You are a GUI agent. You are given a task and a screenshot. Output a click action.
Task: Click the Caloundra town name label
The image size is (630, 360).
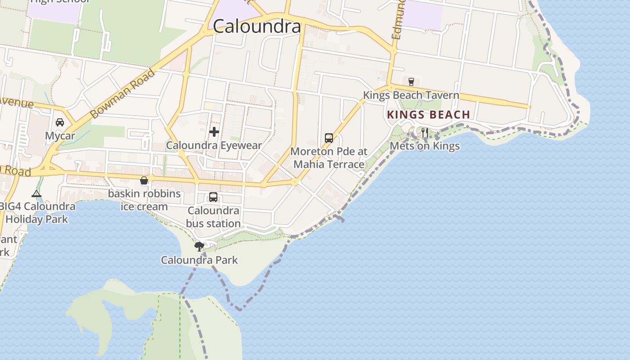257,26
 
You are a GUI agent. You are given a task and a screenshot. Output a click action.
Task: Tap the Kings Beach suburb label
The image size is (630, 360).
428,115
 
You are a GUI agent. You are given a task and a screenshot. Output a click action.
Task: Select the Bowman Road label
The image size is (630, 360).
123,94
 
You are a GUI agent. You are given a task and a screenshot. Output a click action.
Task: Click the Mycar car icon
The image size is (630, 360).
60,122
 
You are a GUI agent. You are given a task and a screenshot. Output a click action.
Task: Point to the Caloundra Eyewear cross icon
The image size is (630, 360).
214,132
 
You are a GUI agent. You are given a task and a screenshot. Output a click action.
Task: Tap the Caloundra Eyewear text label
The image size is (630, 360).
214,145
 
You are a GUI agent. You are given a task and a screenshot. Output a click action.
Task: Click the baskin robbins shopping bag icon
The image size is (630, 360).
144,181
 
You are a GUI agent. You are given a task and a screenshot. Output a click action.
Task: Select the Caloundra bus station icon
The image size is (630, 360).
213,197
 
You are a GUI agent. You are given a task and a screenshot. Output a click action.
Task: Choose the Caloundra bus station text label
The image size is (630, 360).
213,217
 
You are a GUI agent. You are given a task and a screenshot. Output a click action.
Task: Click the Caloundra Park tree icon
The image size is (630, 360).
199,246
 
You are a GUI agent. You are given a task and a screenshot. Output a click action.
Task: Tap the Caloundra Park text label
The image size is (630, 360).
199,260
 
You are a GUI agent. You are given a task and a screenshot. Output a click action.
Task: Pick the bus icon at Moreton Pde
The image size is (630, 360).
329,138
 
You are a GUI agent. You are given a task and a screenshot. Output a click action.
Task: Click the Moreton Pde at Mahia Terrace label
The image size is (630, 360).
329,157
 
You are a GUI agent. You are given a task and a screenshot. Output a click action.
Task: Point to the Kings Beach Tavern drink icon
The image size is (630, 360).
411,82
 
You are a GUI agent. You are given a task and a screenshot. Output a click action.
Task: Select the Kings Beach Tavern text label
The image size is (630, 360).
411,95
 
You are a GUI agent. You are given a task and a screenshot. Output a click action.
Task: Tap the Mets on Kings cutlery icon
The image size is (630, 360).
424,133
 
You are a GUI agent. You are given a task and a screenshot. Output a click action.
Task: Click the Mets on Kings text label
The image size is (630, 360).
424,146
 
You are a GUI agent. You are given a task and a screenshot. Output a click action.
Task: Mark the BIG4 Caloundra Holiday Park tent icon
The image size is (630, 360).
36,194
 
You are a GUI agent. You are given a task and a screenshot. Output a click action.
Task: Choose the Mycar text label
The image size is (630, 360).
60,135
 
